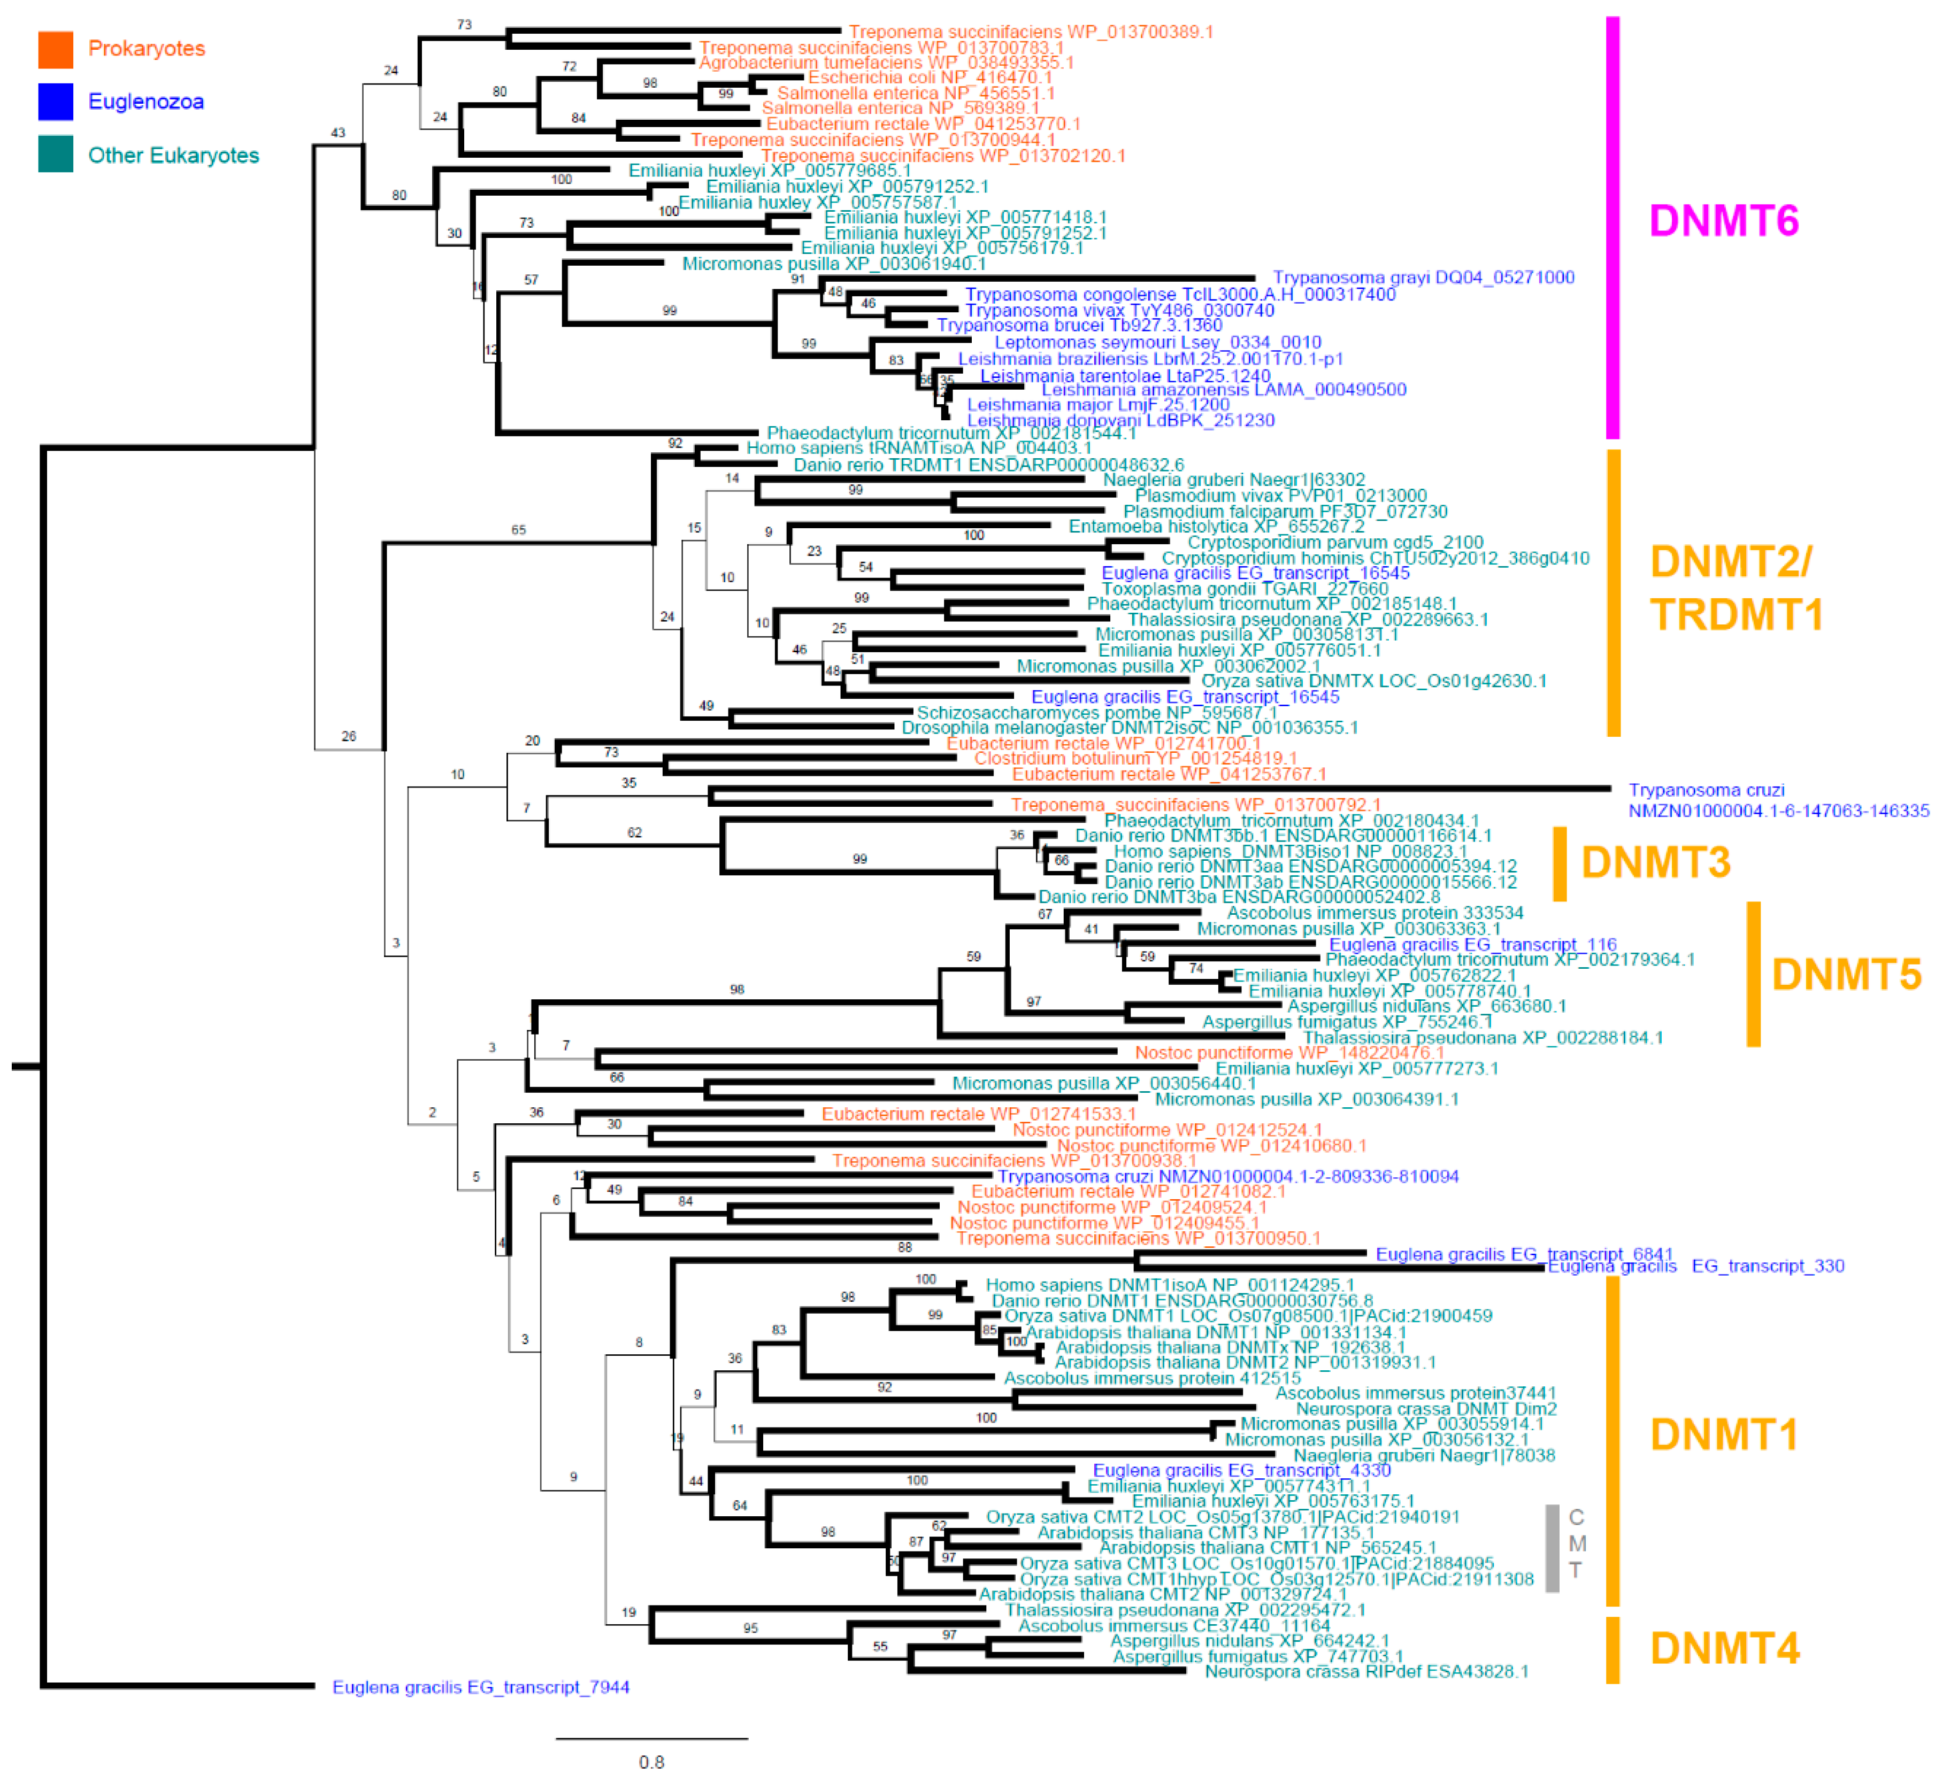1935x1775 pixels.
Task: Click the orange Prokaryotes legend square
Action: (56, 49)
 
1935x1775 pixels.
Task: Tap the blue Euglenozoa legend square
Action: (56, 102)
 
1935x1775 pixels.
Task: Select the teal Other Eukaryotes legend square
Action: (56, 155)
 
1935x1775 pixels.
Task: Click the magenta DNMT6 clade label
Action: (1724, 221)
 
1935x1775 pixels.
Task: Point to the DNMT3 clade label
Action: (1655, 862)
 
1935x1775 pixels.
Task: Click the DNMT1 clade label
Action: (1724, 1435)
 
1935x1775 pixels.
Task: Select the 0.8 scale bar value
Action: (651, 1761)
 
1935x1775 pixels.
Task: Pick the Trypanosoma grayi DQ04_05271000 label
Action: (1423, 277)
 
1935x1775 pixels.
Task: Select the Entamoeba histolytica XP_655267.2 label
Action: (1216, 527)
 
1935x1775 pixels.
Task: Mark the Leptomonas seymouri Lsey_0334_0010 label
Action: (1158, 342)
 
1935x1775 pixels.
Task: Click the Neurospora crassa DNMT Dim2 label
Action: (1426, 1408)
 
